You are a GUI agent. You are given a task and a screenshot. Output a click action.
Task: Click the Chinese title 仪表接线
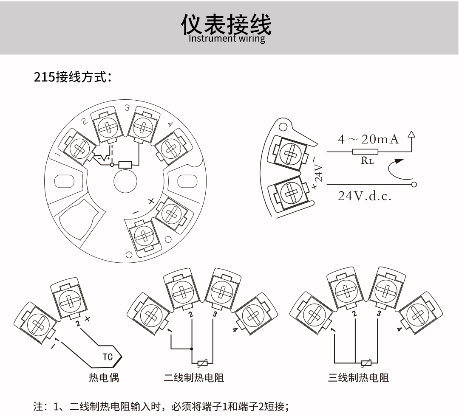click(x=226, y=25)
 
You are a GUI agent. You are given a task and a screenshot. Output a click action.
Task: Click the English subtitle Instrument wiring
click(x=227, y=39)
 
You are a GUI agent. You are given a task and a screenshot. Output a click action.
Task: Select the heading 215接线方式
click(x=73, y=78)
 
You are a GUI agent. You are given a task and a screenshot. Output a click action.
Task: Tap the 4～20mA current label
click(x=368, y=139)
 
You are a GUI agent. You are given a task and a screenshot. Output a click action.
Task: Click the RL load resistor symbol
click(x=365, y=152)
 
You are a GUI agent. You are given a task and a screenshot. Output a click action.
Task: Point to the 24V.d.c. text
click(x=364, y=196)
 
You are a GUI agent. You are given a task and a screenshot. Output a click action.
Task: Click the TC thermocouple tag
click(x=108, y=357)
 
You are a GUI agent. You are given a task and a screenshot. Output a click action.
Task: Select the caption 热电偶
click(x=104, y=377)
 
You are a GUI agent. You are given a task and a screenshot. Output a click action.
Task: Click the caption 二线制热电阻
click(x=194, y=377)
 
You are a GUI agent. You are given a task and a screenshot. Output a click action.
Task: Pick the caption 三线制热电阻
click(x=358, y=377)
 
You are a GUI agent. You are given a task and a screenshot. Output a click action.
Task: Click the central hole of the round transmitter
click(x=125, y=182)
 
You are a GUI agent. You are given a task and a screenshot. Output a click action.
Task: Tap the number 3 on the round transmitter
click(x=127, y=108)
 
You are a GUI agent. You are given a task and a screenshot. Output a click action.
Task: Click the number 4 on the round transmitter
click(x=170, y=124)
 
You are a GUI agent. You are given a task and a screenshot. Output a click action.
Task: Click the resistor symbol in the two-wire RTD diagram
click(x=203, y=363)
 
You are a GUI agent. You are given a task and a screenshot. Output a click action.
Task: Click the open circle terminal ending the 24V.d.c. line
click(x=414, y=185)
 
